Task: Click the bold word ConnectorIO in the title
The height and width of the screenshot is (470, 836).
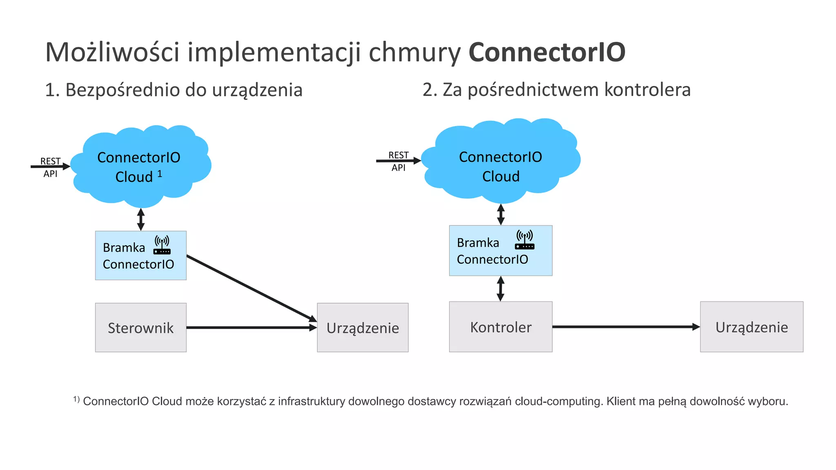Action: [x=547, y=52]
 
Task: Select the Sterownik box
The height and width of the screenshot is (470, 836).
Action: [x=141, y=327]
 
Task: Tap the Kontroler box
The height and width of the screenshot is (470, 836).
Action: [x=500, y=327]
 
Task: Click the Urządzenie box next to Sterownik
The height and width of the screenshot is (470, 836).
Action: [x=362, y=327]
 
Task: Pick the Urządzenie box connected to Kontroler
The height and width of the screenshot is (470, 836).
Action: [x=752, y=327]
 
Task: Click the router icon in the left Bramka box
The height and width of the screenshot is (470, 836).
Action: [x=162, y=245]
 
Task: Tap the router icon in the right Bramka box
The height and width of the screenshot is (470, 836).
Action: [x=525, y=240]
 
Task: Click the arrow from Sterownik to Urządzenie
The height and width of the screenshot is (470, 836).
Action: [x=251, y=327]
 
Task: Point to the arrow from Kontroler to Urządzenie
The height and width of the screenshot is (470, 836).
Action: [x=625, y=327]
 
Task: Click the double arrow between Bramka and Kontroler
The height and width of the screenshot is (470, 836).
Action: [x=500, y=288]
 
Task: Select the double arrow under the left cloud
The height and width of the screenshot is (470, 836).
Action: [x=141, y=219]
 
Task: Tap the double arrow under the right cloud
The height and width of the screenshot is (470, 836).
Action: [x=501, y=214]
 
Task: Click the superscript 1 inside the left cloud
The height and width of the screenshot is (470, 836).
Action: [x=160, y=174]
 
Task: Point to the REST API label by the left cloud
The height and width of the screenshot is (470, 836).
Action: [x=50, y=167]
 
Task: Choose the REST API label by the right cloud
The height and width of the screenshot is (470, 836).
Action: [x=398, y=161]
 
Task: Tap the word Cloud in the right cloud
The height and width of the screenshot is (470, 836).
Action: [x=500, y=177]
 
